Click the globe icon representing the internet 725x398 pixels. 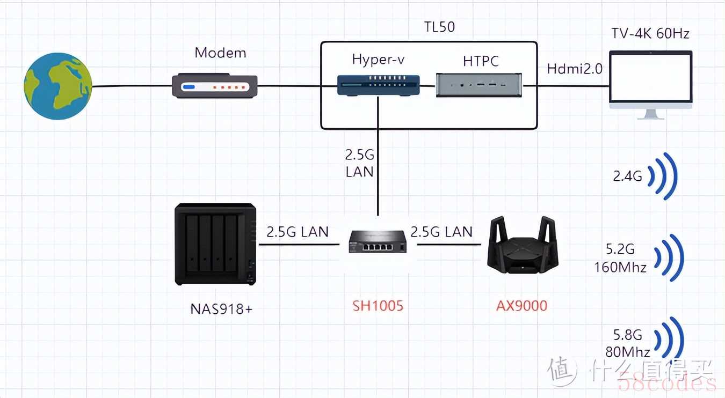pyautogui.click(x=58, y=86)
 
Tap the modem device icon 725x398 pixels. pyautogui.click(x=215, y=86)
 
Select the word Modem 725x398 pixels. pyautogui.click(x=220, y=53)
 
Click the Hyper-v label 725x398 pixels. pyautogui.click(x=378, y=60)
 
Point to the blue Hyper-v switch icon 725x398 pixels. pyautogui.click(x=379, y=85)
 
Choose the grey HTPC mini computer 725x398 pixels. pyautogui.click(x=479, y=85)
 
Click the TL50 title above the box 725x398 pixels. pyautogui.click(x=439, y=27)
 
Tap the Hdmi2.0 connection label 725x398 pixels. pyautogui.click(x=575, y=69)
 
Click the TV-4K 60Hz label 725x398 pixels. pyautogui.click(x=650, y=34)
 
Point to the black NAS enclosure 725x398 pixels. pyautogui.click(x=215, y=244)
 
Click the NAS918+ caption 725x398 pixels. pyautogui.click(x=221, y=309)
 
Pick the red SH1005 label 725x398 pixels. pyautogui.click(x=378, y=306)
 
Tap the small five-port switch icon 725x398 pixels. pyautogui.click(x=378, y=241)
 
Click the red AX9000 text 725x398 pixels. pyautogui.click(x=521, y=306)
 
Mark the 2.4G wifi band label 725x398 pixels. pyautogui.click(x=628, y=176)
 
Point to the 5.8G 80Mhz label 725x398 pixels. pyautogui.click(x=628, y=343)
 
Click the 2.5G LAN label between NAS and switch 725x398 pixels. pyautogui.click(x=298, y=232)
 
